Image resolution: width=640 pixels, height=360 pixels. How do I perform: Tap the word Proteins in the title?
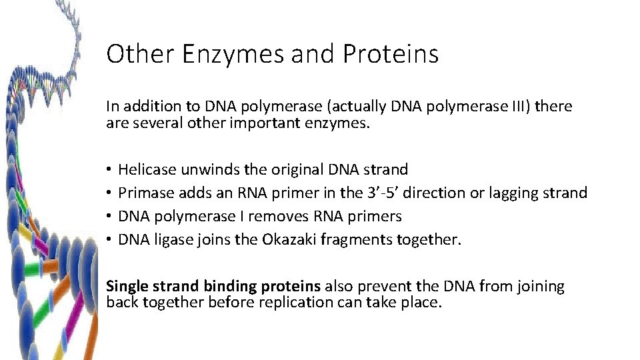pyautogui.click(x=391, y=54)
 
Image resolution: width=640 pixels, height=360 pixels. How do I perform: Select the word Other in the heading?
pyautogui.click(x=138, y=54)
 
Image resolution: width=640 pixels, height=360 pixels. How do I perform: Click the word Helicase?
pyautogui.click(x=147, y=170)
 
